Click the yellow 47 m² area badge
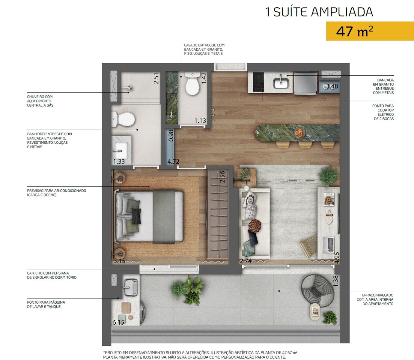coord(370,31)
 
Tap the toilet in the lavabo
coord(192,84)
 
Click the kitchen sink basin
coord(281,83)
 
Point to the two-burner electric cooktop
coord(258,82)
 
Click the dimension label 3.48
coord(332,86)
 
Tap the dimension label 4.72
coord(173,162)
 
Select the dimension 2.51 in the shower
coord(156,79)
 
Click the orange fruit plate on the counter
coord(299,133)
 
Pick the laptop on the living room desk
coord(328,244)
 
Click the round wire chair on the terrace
coord(317,291)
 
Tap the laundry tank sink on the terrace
coord(130,287)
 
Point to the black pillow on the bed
coord(136,216)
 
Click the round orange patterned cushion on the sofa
coord(255,226)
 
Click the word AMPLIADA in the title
coord(342,12)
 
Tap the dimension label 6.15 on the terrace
coord(118,322)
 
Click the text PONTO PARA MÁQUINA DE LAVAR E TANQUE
coord(46,304)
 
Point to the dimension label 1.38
coord(335,281)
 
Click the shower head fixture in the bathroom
coord(127,88)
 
